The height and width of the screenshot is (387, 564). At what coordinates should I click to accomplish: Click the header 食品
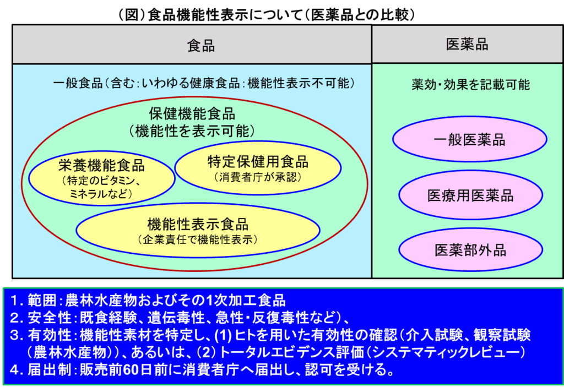[x=201, y=46]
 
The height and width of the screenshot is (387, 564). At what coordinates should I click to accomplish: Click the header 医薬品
[x=467, y=45]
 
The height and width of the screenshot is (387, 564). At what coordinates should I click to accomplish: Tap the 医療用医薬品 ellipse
[x=470, y=195]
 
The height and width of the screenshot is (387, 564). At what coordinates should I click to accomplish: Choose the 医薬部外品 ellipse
[x=470, y=250]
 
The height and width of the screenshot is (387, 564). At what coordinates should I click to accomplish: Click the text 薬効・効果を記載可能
[x=470, y=85]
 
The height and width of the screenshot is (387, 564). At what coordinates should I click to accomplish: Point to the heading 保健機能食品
[x=192, y=114]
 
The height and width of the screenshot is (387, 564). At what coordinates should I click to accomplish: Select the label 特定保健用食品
[x=258, y=162]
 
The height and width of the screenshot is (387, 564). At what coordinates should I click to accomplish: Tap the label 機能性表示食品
[x=198, y=224]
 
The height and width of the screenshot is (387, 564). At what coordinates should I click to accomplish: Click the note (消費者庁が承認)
[x=258, y=177]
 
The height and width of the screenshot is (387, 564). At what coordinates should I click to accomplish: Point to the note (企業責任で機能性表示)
[x=198, y=239]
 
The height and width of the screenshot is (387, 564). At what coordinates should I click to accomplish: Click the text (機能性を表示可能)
[x=192, y=130]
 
